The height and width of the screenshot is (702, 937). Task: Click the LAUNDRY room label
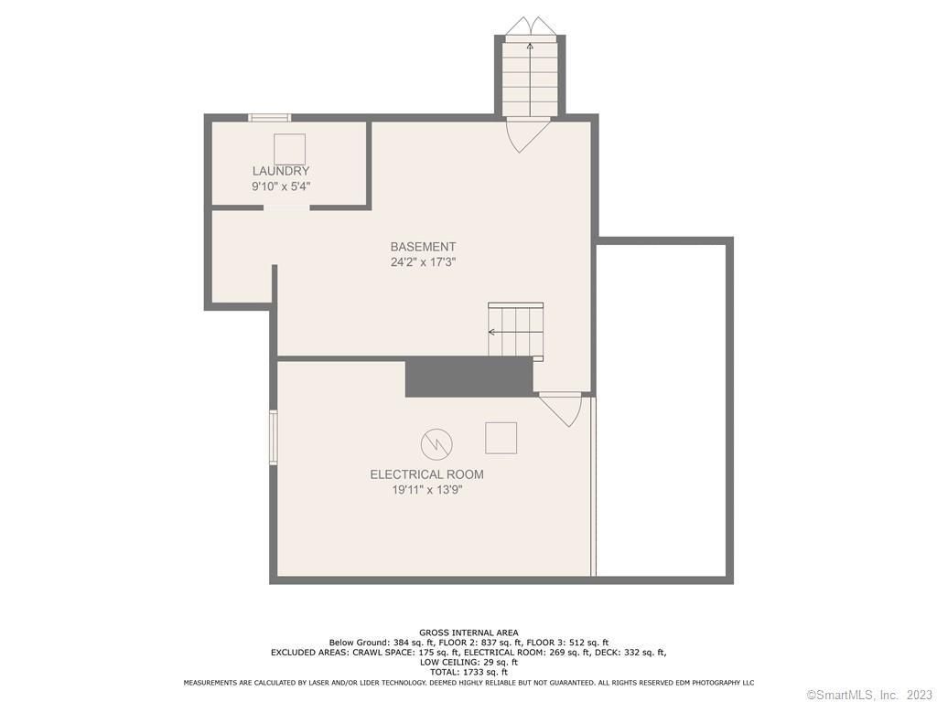click(281, 171)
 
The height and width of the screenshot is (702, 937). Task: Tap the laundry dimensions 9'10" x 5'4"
click(281, 186)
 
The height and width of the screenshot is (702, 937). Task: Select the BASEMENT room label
click(423, 247)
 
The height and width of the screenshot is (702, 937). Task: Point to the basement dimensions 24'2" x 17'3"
click(423, 262)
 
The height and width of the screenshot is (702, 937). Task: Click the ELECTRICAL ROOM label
click(426, 474)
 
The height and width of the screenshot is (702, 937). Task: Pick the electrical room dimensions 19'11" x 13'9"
click(426, 490)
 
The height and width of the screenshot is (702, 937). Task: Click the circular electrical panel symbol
click(436, 444)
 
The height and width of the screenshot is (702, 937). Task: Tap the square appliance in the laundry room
click(290, 149)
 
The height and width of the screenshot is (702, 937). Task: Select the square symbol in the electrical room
click(501, 438)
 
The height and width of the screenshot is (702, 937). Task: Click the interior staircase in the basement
click(516, 332)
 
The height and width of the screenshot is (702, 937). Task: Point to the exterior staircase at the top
click(530, 77)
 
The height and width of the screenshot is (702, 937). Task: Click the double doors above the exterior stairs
click(530, 27)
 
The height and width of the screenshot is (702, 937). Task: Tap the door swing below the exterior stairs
click(528, 135)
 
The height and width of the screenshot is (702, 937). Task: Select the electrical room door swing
click(561, 409)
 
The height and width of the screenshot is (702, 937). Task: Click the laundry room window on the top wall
click(270, 118)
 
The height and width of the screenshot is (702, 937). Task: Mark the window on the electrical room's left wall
click(273, 437)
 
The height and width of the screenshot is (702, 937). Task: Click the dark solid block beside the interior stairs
click(469, 377)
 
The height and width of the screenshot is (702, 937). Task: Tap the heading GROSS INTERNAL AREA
click(468, 633)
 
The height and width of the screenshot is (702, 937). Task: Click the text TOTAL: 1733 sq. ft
click(468, 672)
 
